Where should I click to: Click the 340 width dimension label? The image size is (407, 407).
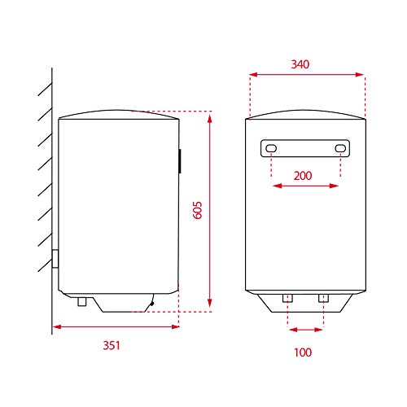point(300,64)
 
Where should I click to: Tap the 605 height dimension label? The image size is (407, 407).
point(198,210)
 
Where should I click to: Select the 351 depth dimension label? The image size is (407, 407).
point(112,345)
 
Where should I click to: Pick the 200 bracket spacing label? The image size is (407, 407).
point(303,176)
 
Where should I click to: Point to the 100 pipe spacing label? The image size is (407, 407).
point(303,352)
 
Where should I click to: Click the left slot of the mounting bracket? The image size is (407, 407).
point(271,148)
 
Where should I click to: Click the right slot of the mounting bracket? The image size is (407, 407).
point(340,148)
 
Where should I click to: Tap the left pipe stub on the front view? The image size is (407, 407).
point(287,298)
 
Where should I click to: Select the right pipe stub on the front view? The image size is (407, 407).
point(323,298)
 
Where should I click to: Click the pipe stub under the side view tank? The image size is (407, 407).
point(82,301)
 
